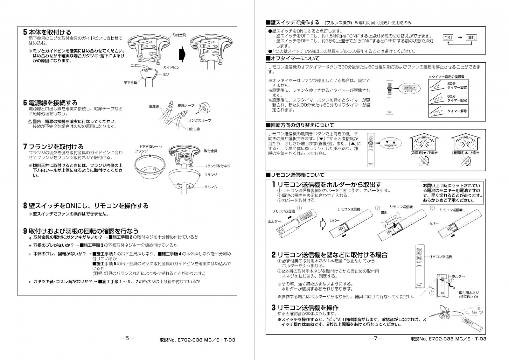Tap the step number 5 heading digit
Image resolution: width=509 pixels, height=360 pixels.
tap(25, 32)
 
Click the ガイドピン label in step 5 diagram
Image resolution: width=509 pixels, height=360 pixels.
tap(171, 68)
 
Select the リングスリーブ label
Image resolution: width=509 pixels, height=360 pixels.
tap(199, 121)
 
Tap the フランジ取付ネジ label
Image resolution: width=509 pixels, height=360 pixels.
tap(217, 166)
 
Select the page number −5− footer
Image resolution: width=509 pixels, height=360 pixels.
tap(127, 338)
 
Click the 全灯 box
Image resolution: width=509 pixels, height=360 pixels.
tap(448, 38)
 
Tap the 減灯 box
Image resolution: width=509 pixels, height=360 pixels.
tap(471, 38)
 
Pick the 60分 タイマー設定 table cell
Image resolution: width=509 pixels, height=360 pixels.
tap(457, 98)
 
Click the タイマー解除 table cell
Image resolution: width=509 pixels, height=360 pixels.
tap(457, 111)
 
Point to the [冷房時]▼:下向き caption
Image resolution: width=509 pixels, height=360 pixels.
tap(424, 153)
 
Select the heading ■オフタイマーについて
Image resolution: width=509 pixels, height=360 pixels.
tap(293, 59)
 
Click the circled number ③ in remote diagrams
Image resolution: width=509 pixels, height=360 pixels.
tap(432, 208)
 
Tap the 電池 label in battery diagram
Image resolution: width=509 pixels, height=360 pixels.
tap(384, 212)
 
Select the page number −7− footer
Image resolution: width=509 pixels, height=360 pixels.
tap(376, 338)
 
